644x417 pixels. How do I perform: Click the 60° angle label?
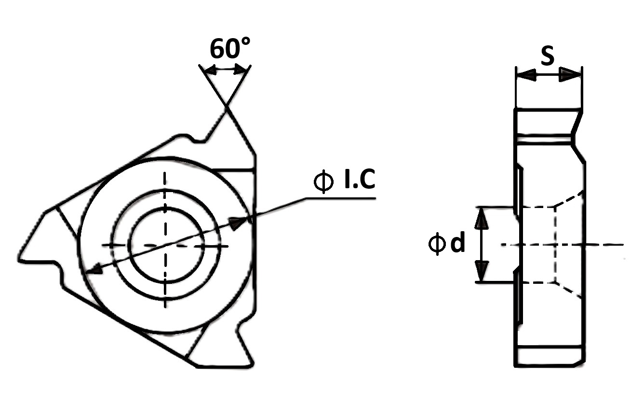click(x=230, y=48)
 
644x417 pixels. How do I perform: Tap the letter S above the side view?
click(x=548, y=56)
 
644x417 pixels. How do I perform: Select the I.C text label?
click(x=360, y=179)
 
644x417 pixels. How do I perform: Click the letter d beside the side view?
click(x=457, y=243)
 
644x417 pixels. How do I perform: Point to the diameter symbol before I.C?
click(x=324, y=181)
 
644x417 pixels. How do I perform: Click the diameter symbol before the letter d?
click(x=437, y=243)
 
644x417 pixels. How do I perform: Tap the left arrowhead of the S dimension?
click(x=526, y=75)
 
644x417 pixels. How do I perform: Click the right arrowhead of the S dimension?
click(x=570, y=74)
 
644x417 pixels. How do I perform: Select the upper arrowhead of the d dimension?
click(x=482, y=219)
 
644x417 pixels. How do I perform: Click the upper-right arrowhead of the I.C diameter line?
click(x=238, y=223)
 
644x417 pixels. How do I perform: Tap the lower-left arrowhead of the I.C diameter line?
click(x=94, y=269)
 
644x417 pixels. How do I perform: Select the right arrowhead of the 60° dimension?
click(x=241, y=69)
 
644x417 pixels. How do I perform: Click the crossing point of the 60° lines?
click(x=227, y=106)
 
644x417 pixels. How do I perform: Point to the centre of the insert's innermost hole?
click(x=165, y=245)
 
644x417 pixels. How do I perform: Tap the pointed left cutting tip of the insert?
click(x=19, y=260)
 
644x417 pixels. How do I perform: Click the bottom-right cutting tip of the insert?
click(x=253, y=364)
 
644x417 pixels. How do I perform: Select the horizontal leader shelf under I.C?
click(x=340, y=198)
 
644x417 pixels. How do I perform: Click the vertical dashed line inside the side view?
click(x=555, y=245)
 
